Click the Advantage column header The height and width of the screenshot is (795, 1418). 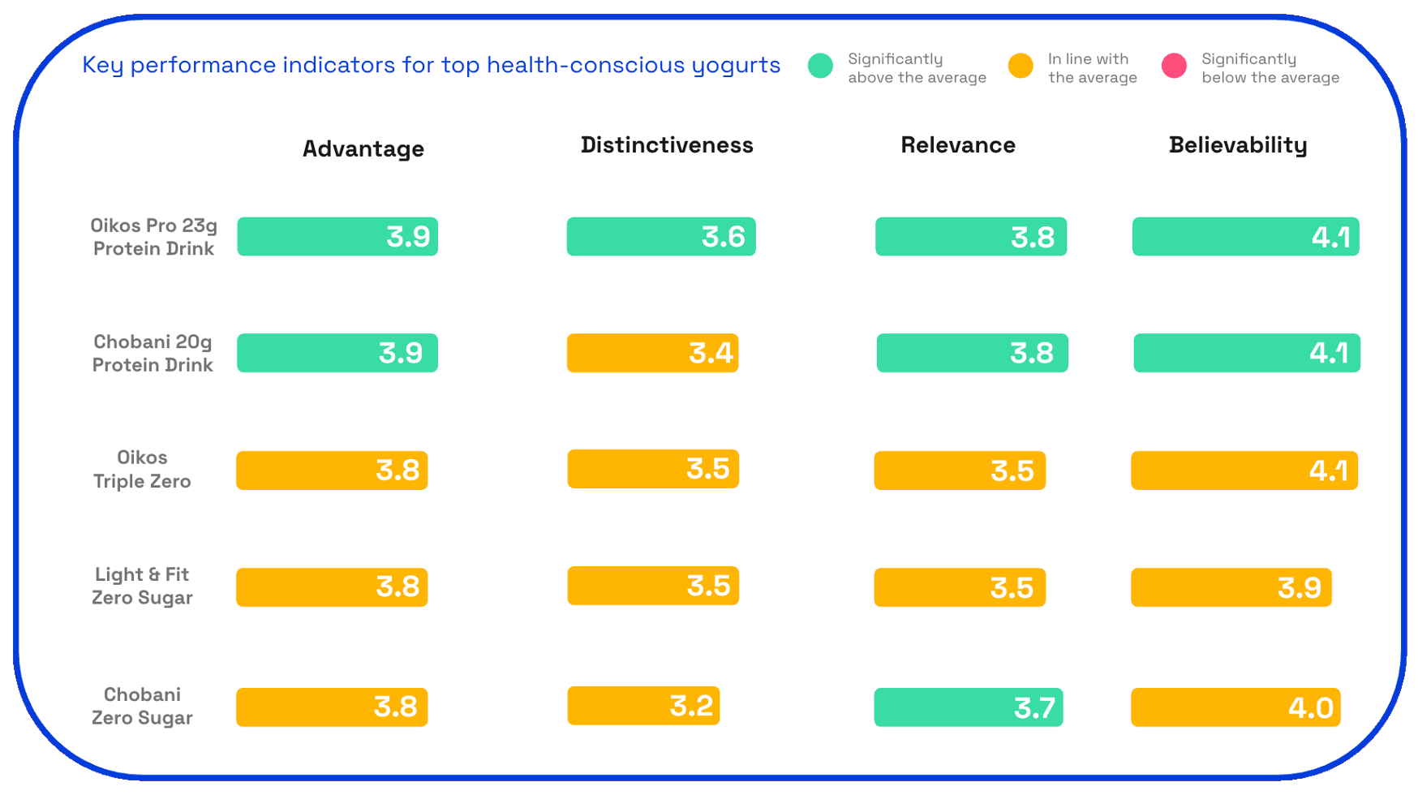363,148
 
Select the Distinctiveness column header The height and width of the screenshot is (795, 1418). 667,145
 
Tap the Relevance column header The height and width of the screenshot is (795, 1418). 957,145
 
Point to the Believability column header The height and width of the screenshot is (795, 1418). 1237,145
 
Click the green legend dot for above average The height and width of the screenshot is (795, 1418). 820,66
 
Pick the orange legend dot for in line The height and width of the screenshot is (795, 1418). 1021,66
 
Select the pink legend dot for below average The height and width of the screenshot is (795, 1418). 1174,66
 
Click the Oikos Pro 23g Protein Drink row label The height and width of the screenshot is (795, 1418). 153,237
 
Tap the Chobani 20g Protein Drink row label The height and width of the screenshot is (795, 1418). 153,353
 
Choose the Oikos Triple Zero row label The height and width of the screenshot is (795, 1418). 142,469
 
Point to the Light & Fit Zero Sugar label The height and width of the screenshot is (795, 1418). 142,586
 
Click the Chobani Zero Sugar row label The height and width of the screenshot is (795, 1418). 142,706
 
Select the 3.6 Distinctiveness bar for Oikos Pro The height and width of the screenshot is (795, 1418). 660,237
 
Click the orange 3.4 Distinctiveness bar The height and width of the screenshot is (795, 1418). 652,353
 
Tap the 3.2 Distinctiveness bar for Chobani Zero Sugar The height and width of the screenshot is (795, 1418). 642,706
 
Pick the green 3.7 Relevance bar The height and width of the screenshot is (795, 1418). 968,707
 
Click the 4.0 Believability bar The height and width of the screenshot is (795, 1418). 1235,707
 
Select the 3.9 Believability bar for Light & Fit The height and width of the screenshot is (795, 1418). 1231,587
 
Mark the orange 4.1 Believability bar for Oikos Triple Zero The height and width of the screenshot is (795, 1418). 1244,471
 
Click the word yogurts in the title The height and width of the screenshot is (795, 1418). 736,66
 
